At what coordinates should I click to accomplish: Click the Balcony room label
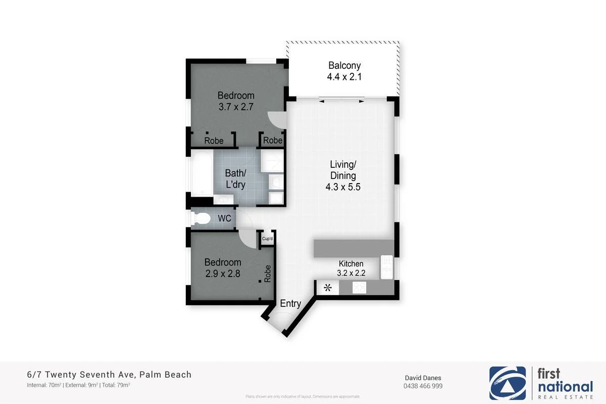344,65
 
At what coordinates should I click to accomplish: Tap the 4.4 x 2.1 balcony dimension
344,77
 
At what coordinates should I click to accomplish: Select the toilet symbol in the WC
201,218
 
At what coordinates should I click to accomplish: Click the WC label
224,218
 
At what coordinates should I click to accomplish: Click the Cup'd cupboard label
267,239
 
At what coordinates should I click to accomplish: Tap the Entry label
290,304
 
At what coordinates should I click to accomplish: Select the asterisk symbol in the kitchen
328,288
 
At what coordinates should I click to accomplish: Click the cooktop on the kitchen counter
359,288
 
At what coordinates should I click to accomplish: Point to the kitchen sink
387,267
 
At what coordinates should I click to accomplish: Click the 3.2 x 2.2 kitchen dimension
351,274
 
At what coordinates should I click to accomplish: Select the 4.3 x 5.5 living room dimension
343,187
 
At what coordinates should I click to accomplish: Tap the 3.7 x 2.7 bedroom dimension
236,107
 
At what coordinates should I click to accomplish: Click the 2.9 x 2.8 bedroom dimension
223,274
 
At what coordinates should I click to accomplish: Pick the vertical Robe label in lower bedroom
268,274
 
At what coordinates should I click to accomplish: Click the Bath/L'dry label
235,179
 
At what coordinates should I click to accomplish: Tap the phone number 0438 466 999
423,386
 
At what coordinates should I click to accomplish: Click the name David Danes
423,377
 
